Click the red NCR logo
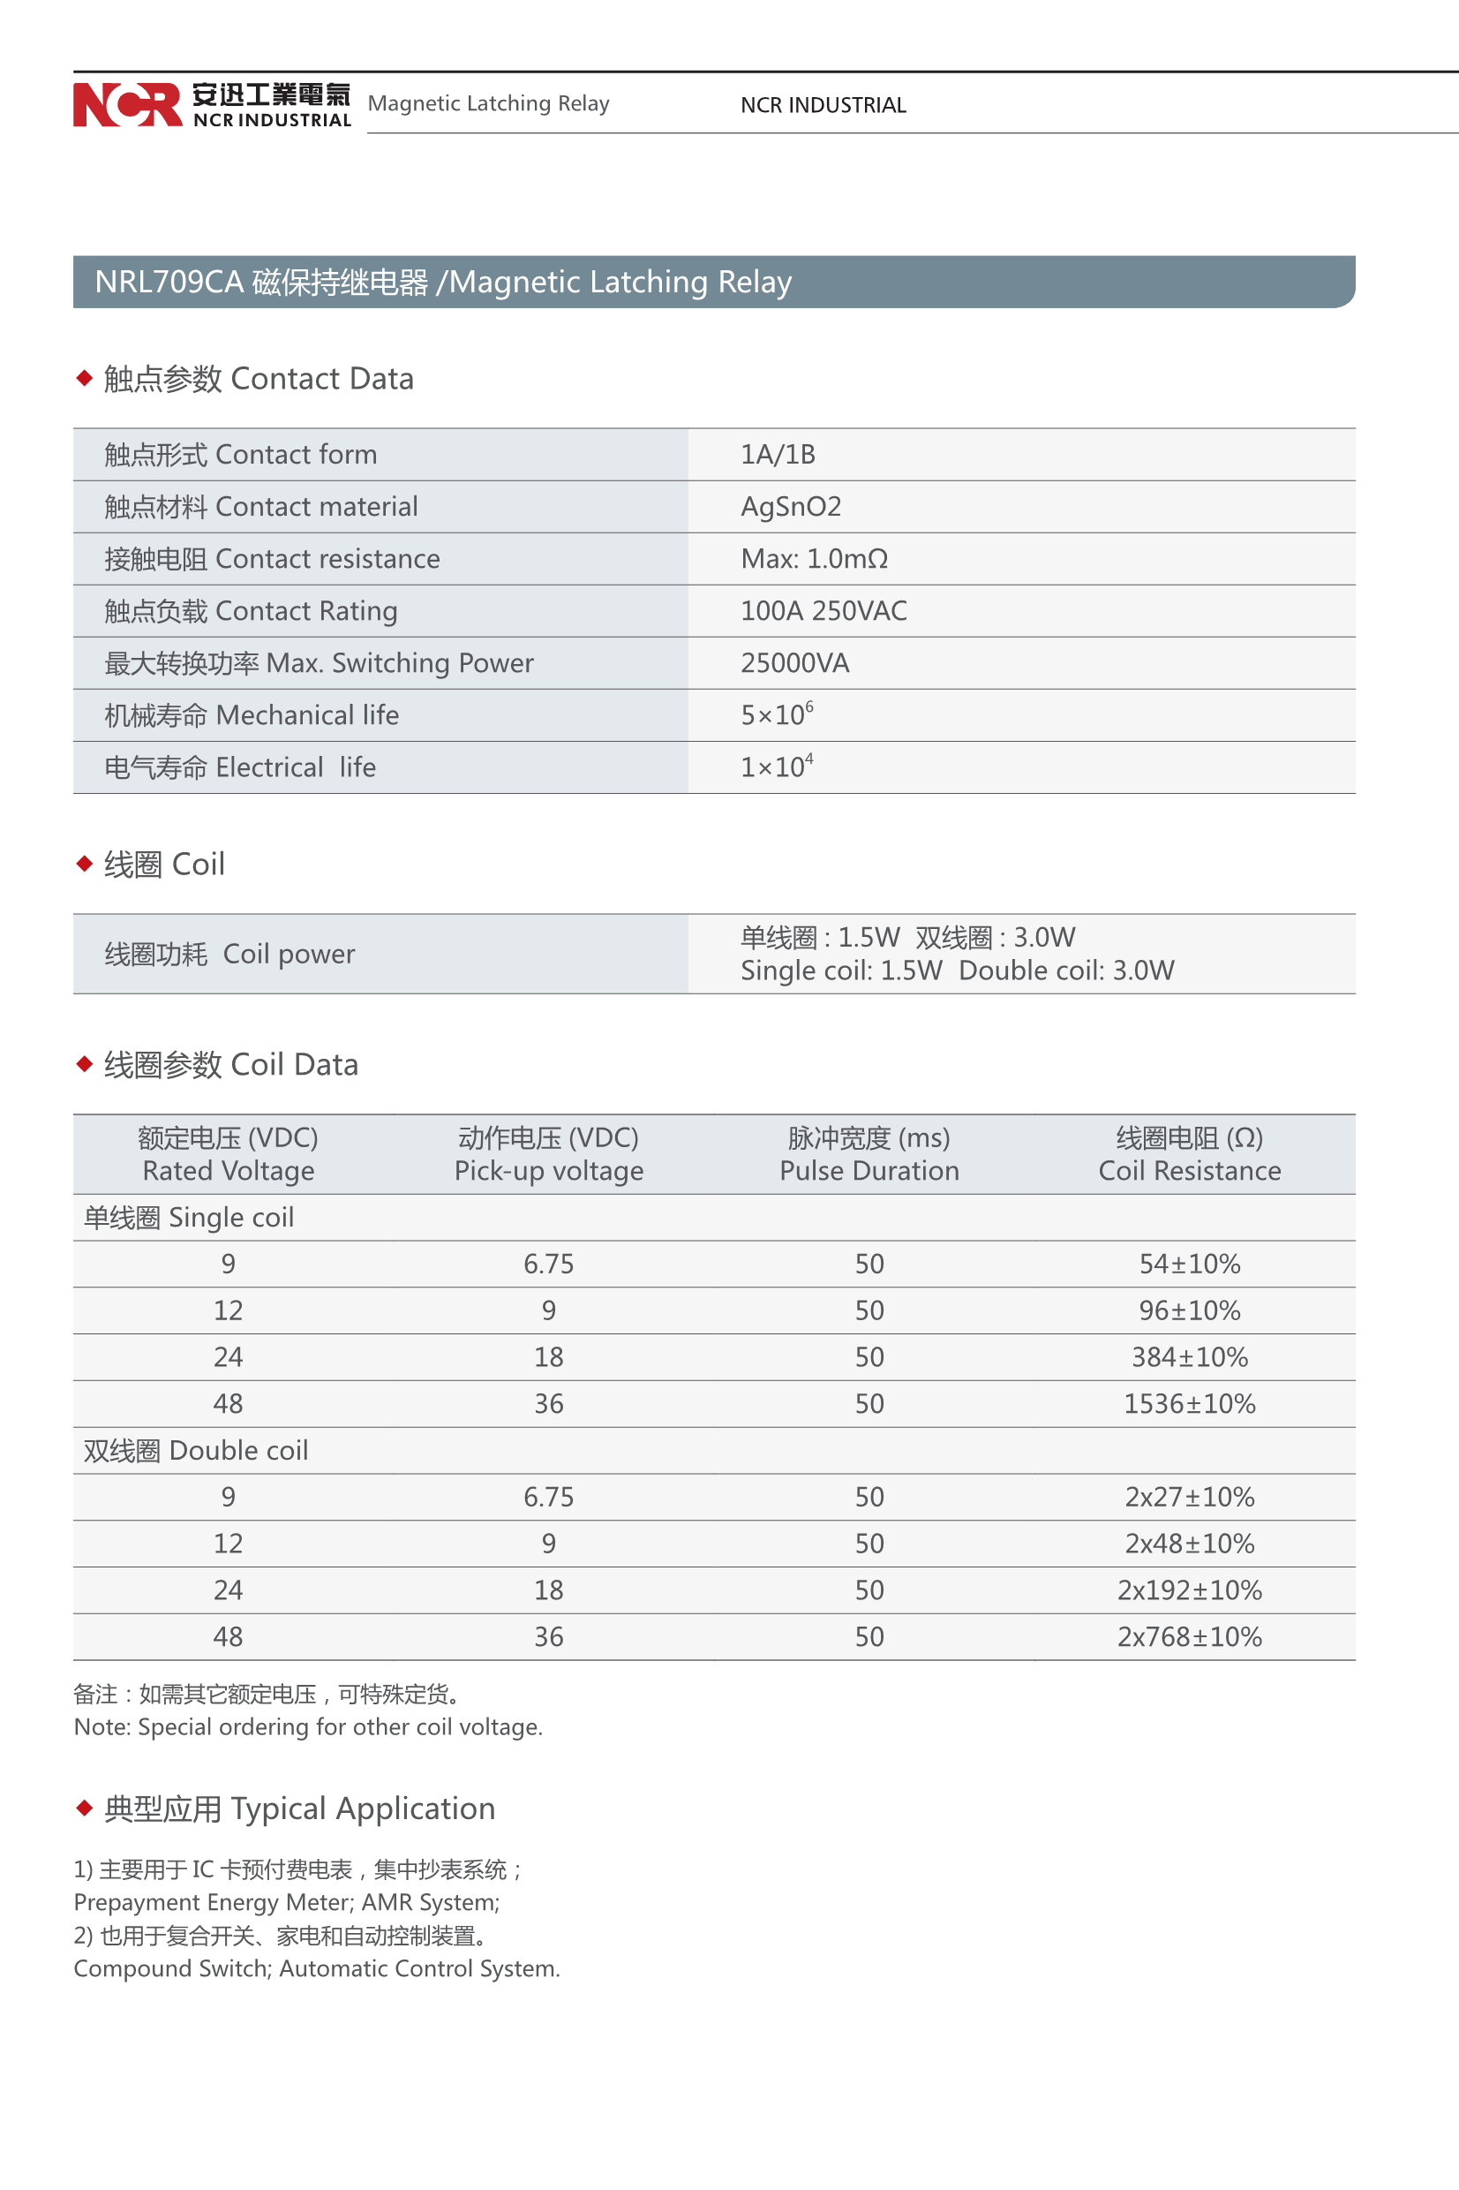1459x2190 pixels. coord(127,104)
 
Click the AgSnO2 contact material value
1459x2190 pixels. coord(790,506)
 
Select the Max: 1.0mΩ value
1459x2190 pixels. coord(813,558)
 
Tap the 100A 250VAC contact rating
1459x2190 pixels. coord(823,610)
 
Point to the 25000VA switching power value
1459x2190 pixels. coord(793,662)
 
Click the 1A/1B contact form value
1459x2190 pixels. coord(777,454)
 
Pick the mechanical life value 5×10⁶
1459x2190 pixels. coord(776,714)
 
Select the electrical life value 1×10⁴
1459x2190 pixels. coord(776,766)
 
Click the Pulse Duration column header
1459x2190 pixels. coord(869,1154)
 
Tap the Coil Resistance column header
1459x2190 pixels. coord(1188,1154)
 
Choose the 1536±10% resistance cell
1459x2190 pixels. coord(1188,1403)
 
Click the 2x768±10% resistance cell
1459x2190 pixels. coord(1188,1636)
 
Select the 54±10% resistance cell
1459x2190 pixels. coord(1188,1264)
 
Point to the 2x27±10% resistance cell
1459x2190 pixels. coord(1188,1497)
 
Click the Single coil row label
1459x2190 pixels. coord(189,1218)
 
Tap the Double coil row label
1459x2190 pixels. coord(195,1450)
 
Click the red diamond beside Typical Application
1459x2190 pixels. coord(85,1808)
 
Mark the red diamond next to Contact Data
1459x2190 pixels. coord(85,378)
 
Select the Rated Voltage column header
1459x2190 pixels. coord(228,1154)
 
